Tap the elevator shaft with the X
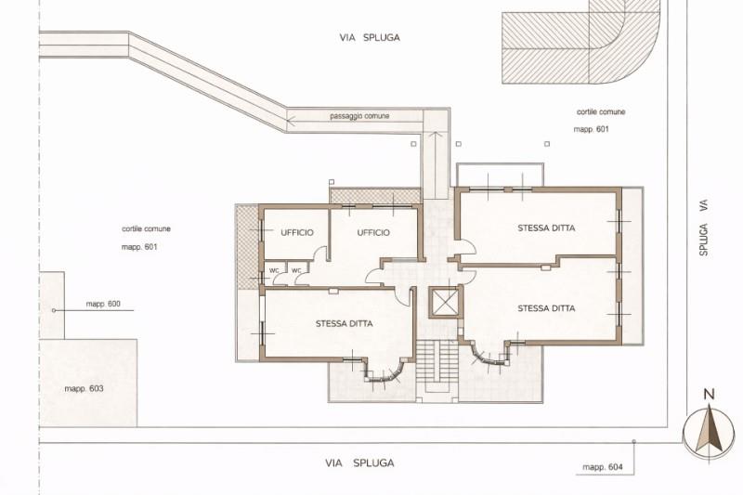pos(444,302)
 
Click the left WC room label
pos(274,270)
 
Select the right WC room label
pos(296,270)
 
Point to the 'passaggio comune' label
pos(359,116)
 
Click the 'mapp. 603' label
pos(84,389)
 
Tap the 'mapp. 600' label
pos(103,304)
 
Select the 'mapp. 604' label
pos(603,467)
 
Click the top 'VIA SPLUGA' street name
pos(370,37)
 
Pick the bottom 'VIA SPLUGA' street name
pos(359,462)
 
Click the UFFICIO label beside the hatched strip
pos(297,232)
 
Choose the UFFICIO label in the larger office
pos(373,232)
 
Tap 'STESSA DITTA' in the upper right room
pos(546,228)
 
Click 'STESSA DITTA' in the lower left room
pos(345,324)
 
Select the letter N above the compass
pos(709,394)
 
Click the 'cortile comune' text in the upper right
pos(601,112)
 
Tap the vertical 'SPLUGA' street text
pos(704,240)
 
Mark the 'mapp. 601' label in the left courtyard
pos(139,247)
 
